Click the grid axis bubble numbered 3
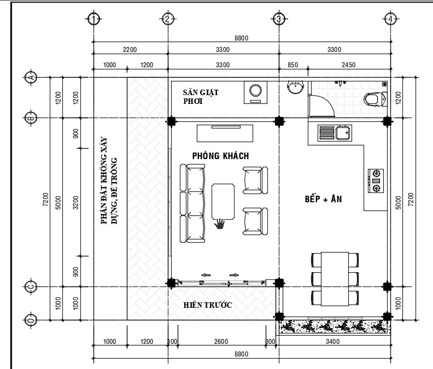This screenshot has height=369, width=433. tap(279, 19)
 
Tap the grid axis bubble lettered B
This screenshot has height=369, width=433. tap(31, 118)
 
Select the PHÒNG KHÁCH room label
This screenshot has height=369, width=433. tap(221, 156)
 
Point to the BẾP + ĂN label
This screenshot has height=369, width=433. tap(323, 199)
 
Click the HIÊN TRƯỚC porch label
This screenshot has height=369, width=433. tap(208, 305)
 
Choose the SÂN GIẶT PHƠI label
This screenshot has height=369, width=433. tap(201, 97)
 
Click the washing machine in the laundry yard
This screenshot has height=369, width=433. tap(255, 92)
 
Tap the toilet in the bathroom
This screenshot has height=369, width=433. tap(375, 99)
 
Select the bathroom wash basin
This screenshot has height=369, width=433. tap(295, 87)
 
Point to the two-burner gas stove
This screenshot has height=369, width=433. tap(376, 181)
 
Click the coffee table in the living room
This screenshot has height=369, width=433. tap(223, 202)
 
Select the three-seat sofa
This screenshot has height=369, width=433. tap(192, 203)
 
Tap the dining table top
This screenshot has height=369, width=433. tap(335, 279)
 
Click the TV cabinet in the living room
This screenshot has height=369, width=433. tap(225, 133)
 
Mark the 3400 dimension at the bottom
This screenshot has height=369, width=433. tap(332, 341)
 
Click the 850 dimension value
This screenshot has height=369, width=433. tap(292, 65)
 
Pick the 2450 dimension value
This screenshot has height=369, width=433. tap(348, 65)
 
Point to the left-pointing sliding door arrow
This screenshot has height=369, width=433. tap(206, 275)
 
